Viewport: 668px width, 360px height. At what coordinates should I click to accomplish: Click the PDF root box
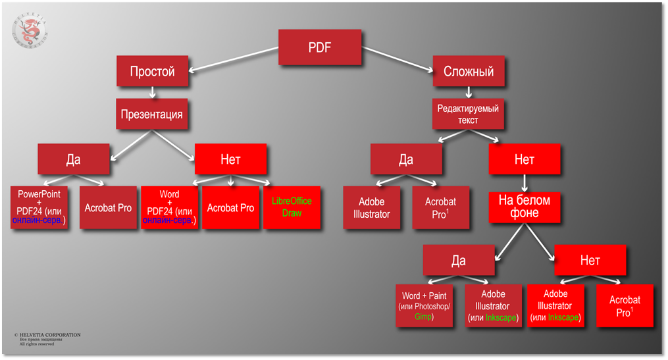[320, 47]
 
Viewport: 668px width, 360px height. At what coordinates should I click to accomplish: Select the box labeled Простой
[152, 71]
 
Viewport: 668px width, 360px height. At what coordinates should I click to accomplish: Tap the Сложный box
[469, 71]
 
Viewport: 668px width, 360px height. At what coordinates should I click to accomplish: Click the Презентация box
[152, 115]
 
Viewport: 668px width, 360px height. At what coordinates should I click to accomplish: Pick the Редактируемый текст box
[469, 115]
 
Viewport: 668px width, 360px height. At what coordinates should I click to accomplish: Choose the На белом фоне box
[524, 207]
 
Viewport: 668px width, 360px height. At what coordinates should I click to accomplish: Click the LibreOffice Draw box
[292, 207]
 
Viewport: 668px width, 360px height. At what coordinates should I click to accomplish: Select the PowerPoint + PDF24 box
[39, 207]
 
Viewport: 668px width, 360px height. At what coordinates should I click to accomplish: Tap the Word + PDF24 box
[169, 207]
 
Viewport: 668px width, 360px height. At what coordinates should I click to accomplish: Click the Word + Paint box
[424, 306]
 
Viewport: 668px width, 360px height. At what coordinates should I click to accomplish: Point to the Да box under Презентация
[73, 159]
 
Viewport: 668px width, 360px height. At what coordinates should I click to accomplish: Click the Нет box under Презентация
[230, 159]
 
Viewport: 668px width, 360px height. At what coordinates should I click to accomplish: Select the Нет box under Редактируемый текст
[525, 159]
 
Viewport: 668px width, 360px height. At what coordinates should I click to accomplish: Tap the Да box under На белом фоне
[459, 260]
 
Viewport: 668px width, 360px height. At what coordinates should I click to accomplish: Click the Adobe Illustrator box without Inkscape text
[372, 208]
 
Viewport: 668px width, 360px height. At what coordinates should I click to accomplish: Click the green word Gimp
[424, 317]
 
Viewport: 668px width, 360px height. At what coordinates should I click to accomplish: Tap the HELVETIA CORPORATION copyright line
[49, 335]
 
